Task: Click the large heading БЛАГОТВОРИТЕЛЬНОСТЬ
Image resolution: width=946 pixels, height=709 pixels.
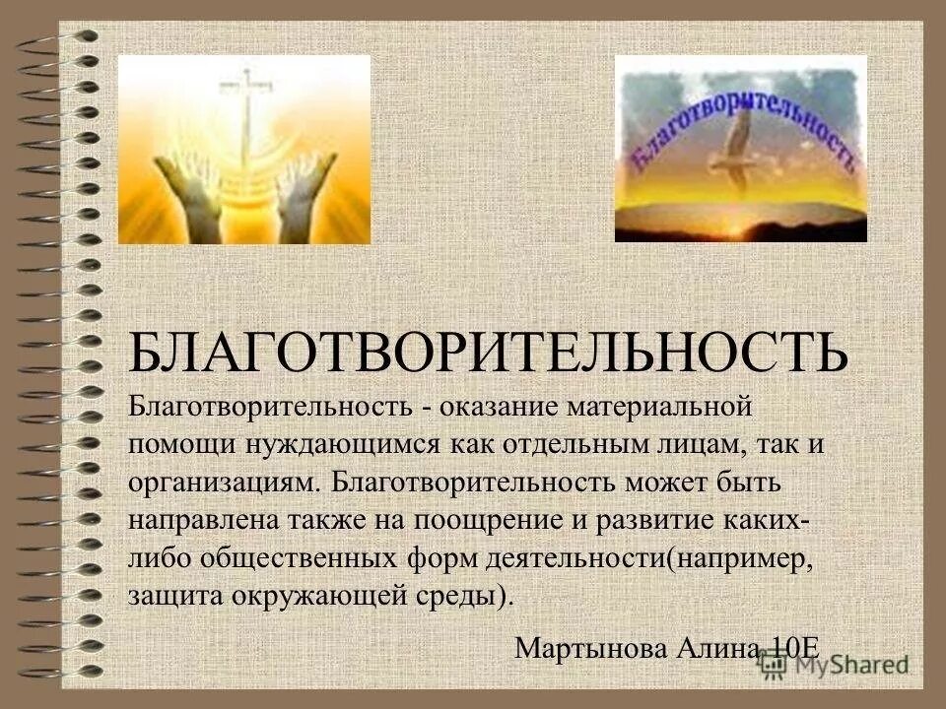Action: coord(488,352)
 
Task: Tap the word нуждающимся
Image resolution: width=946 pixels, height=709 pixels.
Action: coord(343,443)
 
